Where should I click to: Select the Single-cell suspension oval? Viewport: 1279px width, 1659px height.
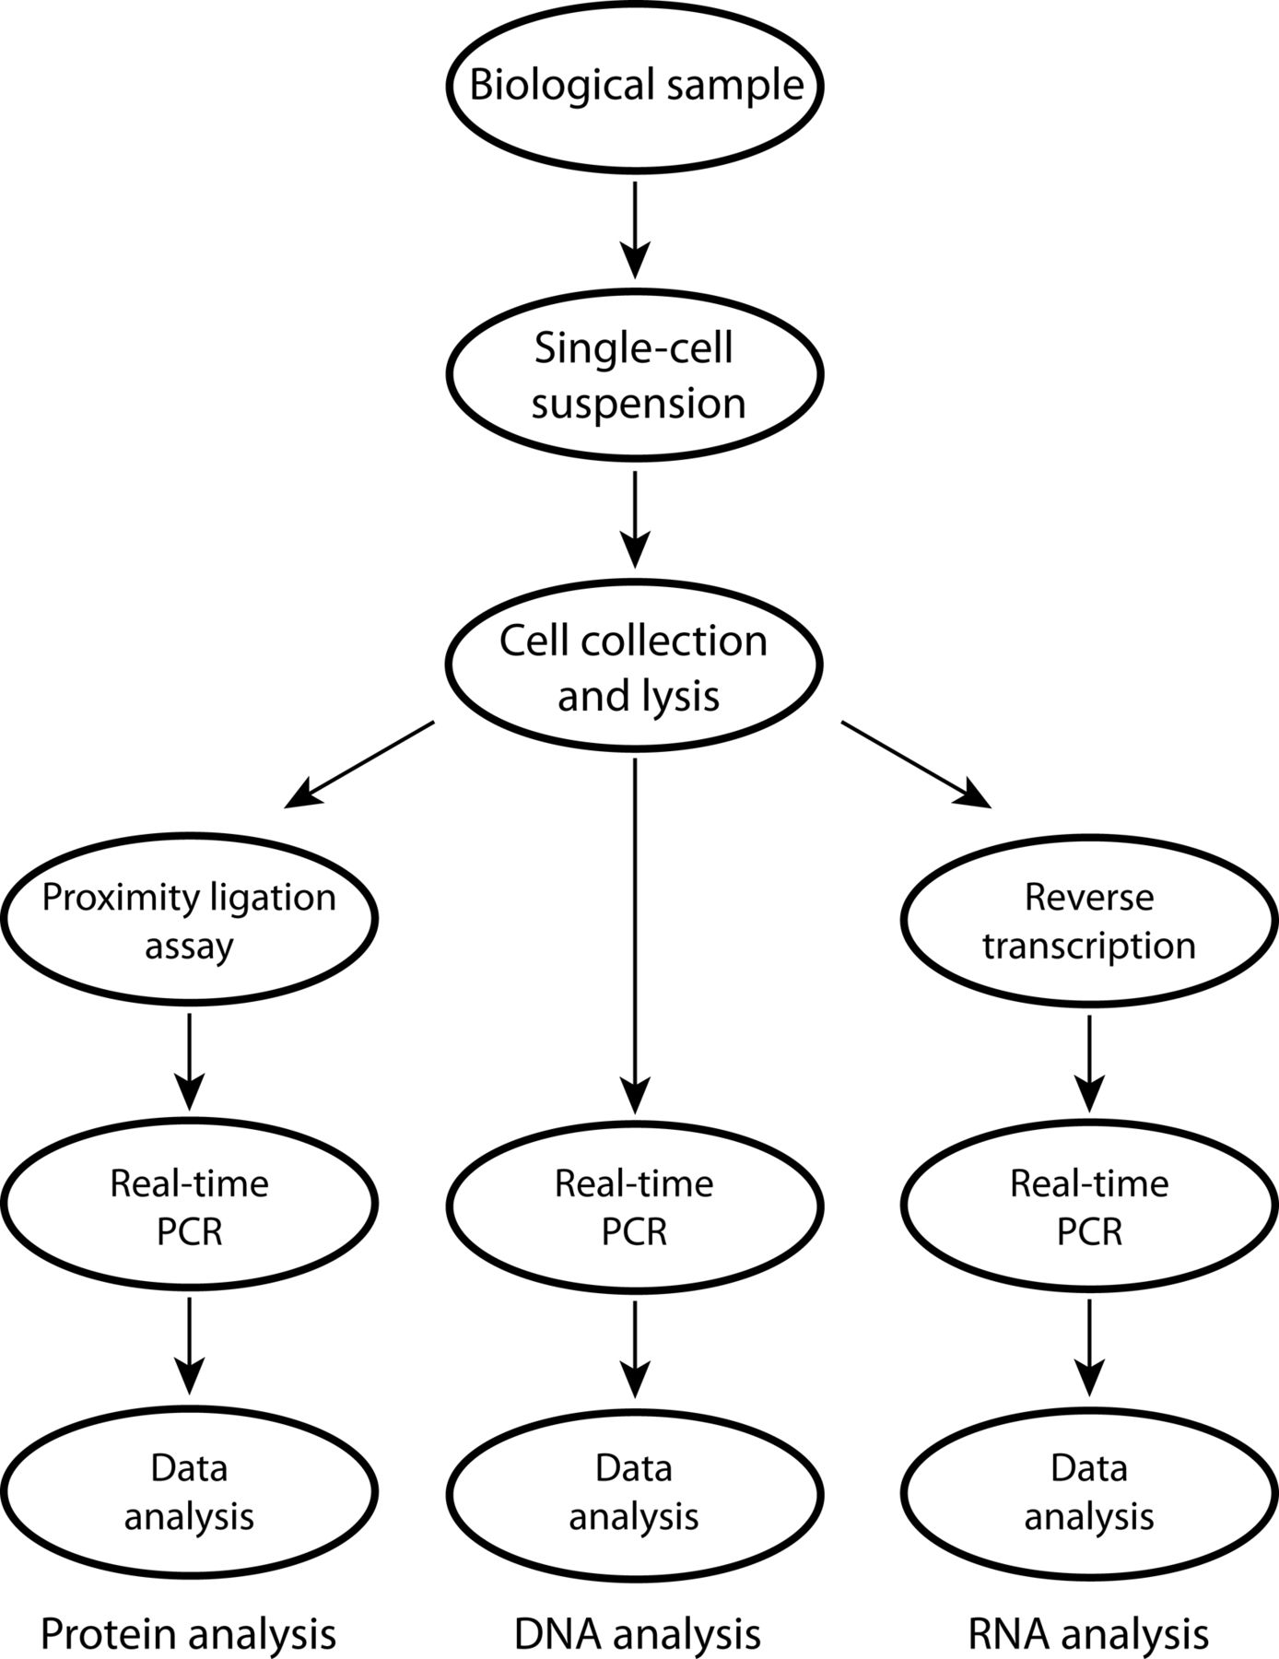[x=636, y=375]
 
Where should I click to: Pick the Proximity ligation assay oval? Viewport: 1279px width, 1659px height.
[x=189, y=921]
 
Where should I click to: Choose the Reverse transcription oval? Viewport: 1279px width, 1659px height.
[x=1089, y=921]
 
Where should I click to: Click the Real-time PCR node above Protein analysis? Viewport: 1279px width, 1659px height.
[x=189, y=1206]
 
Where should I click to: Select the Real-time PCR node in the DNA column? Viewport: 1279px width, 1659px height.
[x=634, y=1206]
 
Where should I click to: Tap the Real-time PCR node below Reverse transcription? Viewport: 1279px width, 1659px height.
[x=1089, y=1206]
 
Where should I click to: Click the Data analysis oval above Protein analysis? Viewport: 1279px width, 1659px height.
[x=189, y=1491]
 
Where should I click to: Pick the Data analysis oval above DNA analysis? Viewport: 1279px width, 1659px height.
[x=634, y=1491]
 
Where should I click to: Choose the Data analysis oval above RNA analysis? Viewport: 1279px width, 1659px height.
[x=1089, y=1491]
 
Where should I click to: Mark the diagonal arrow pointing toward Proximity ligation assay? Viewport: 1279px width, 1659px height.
[x=359, y=765]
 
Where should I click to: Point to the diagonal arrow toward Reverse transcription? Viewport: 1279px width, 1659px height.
[x=916, y=765]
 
